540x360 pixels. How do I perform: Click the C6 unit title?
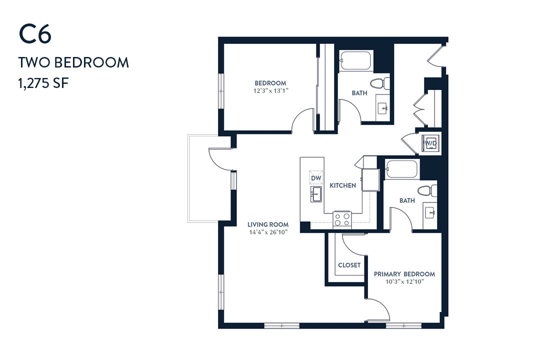[x=35, y=34]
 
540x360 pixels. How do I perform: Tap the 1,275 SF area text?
[x=43, y=83]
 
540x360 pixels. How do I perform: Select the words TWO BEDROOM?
[x=73, y=62]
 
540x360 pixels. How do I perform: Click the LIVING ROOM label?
[x=268, y=224]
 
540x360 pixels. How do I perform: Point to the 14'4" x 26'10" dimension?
[x=268, y=232]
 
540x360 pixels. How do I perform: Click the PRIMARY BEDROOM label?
[x=404, y=274]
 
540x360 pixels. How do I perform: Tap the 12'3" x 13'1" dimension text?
[x=270, y=91]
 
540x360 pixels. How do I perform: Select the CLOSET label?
[x=349, y=265]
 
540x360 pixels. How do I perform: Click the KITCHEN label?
[x=342, y=185]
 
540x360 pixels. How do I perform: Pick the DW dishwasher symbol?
[x=316, y=178]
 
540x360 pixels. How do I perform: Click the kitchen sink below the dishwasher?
[x=316, y=194]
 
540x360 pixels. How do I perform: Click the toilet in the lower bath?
[x=427, y=190]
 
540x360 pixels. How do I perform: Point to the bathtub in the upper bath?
[x=356, y=61]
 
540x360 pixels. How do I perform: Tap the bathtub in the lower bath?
[x=401, y=169]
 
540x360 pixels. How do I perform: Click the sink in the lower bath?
[x=430, y=212]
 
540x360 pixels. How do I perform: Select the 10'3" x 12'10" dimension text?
[x=404, y=282]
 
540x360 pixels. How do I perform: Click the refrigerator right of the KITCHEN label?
[x=370, y=179]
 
